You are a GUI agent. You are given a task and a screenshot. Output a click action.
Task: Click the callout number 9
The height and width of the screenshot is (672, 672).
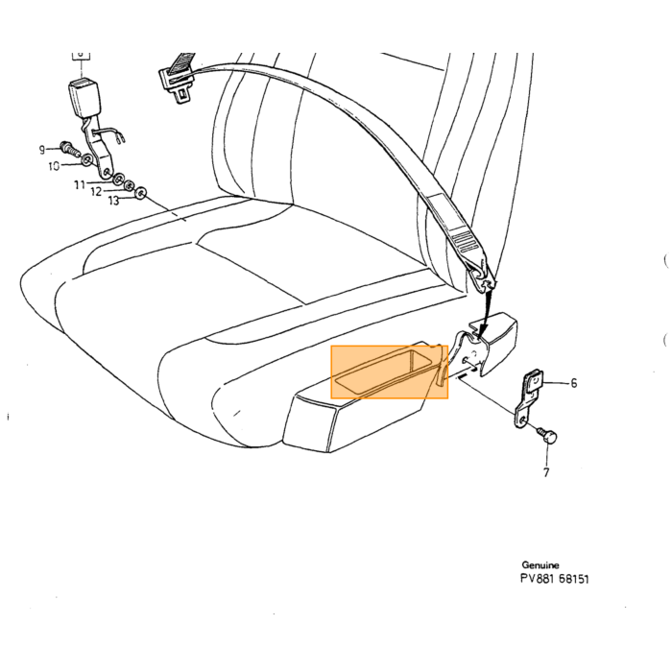click(x=42, y=150)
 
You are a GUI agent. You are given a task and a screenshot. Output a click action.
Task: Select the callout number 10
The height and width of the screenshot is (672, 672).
click(x=54, y=166)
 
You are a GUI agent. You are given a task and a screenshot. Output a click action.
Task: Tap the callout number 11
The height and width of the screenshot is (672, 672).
click(x=80, y=185)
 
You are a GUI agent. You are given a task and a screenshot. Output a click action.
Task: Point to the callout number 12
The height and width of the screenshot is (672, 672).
click(x=96, y=192)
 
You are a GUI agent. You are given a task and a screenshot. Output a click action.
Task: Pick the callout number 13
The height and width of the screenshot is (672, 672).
click(x=113, y=200)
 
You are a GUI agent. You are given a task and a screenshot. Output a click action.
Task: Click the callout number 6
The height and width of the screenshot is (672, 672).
click(x=574, y=383)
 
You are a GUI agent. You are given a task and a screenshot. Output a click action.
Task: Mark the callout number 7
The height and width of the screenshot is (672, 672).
click(x=546, y=472)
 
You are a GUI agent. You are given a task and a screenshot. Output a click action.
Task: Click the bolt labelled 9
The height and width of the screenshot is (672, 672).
click(x=69, y=148)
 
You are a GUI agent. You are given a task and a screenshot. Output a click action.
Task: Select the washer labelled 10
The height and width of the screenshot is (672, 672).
click(x=86, y=160)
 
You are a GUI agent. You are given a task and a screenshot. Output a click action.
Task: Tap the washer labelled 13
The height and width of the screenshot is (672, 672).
click(x=140, y=193)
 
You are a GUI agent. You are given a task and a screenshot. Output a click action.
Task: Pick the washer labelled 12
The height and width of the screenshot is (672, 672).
click(x=129, y=186)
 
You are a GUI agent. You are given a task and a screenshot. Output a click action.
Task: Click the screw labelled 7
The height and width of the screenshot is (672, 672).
click(x=548, y=435)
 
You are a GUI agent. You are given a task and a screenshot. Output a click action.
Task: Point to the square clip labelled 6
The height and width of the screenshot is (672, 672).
click(x=535, y=380)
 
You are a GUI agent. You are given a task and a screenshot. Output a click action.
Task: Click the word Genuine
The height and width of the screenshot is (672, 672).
click(x=540, y=564)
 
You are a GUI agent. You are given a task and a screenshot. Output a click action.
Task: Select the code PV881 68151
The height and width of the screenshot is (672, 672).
click(x=555, y=579)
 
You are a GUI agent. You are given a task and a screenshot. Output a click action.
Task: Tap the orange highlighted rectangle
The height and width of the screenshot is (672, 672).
click(x=390, y=372)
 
